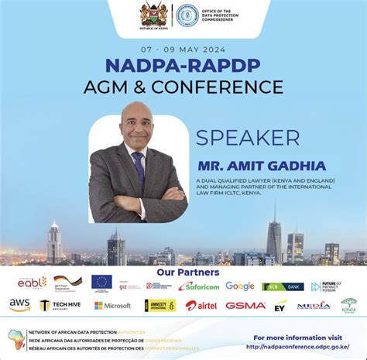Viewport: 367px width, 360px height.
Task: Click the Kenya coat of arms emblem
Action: coord(151,14)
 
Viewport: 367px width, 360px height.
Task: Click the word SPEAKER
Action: coord(248,138)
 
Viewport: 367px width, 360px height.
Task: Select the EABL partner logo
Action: coord(33,283)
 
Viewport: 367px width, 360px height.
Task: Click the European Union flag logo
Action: coord(101,283)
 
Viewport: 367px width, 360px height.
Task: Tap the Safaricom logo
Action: coord(199,286)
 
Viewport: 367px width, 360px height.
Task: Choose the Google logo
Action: coord(240,286)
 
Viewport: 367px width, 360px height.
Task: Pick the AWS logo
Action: coord(19,305)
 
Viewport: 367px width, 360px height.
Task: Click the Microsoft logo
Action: coord(112,306)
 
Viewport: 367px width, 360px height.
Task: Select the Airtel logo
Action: coord(201,305)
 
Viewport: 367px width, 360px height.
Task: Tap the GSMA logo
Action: coord(245,305)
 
